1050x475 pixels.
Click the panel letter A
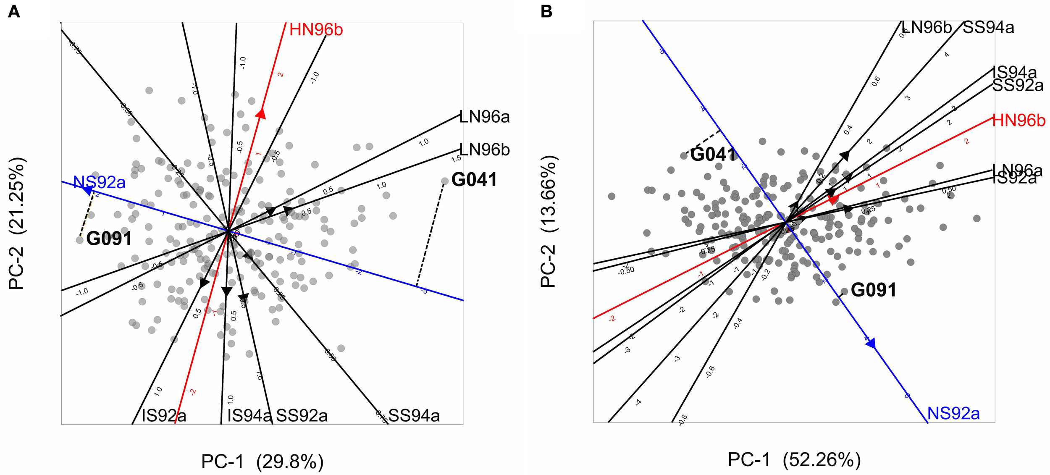[14, 12]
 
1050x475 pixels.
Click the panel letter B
[546, 12]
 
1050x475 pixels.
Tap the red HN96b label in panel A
[316, 30]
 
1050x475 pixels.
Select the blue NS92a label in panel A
[99, 182]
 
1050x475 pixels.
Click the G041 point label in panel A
[474, 180]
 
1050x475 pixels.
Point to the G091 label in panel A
[109, 239]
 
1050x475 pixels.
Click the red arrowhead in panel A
[261, 114]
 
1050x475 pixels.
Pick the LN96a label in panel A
[484, 117]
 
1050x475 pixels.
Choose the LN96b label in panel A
[484, 150]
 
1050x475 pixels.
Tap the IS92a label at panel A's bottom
[164, 416]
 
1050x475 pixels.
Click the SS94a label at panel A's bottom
[414, 416]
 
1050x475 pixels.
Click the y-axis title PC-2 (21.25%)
[17, 223]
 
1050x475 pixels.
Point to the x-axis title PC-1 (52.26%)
[794, 460]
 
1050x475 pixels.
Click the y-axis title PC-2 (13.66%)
[548, 221]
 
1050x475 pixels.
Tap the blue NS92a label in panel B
[953, 414]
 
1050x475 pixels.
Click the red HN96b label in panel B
[1018, 121]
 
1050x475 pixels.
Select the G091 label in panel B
[874, 290]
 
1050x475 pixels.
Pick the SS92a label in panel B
[1018, 86]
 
